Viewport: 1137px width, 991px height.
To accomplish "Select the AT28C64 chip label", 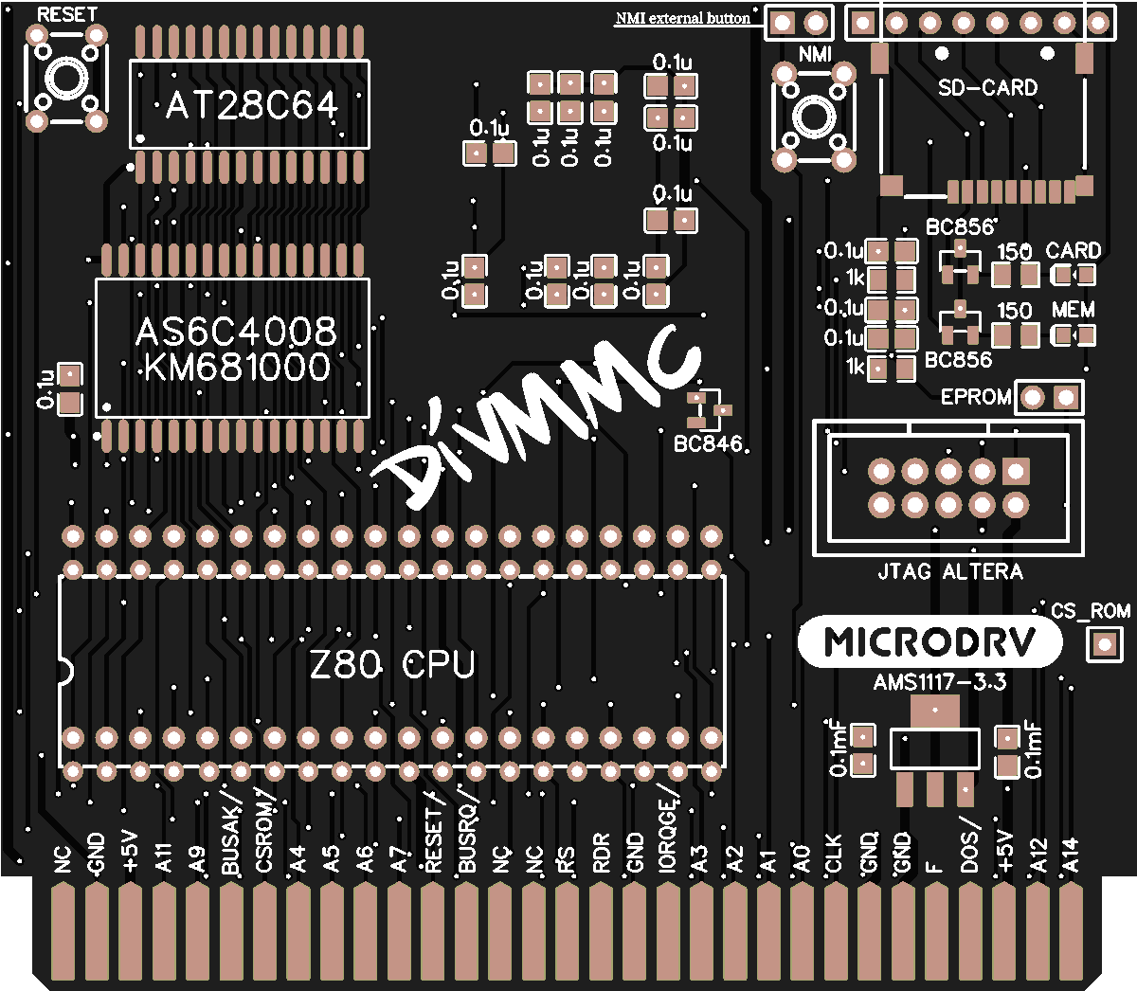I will (x=251, y=105).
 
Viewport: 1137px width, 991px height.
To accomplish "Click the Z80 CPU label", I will (x=392, y=665).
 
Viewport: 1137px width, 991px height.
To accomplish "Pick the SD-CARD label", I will (x=987, y=88).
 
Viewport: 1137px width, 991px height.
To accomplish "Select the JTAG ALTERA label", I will (x=949, y=572).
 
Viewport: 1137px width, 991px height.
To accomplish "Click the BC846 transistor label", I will (x=708, y=443).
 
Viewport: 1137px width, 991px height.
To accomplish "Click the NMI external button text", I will (x=682, y=18).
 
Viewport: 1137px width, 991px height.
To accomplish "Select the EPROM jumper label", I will (x=976, y=397).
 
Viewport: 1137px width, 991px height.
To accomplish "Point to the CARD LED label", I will (x=1073, y=251).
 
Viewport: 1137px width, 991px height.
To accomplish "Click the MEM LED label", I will (x=1073, y=310).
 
